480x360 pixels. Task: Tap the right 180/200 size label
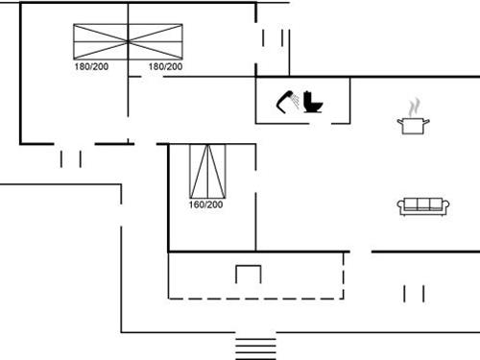[165, 67]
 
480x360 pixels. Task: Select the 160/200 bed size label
[205, 204]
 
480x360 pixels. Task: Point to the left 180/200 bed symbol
[101, 42]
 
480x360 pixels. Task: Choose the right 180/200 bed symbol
[156, 42]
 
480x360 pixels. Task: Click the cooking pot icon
[414, 123]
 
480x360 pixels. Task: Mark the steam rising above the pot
[414, 105]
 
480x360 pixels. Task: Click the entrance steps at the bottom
[256, 346]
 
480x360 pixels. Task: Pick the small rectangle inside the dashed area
[249, 274]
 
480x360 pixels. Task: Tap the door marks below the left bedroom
[70, 158]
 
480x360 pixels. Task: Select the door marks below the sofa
[414, 293]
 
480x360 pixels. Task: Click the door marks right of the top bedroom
[281, 43]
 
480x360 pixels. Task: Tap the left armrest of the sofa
[401, 205]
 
